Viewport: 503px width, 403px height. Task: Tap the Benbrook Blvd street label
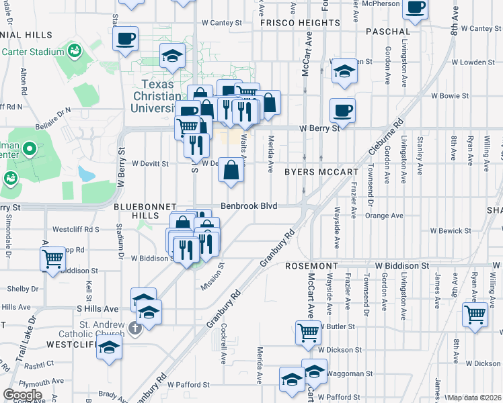click(x=249, y=206)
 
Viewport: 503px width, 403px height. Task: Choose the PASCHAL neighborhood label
click(x=388, y=32)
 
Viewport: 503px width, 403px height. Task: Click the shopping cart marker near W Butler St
click(x=308, y=331)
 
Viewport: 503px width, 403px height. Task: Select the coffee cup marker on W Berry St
click(x=342, y=110)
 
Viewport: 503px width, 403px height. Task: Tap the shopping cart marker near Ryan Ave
click(x=475, y=313)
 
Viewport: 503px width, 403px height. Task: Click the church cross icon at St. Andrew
click(x=134, y=328)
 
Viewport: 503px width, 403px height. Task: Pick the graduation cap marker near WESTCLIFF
click(x=109, y=348)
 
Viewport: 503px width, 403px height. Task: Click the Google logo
click(x=22, y=395)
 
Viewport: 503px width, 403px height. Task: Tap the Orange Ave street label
click(x=384, y=216)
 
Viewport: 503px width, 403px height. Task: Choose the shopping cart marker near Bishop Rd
click(x=52, y=257)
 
